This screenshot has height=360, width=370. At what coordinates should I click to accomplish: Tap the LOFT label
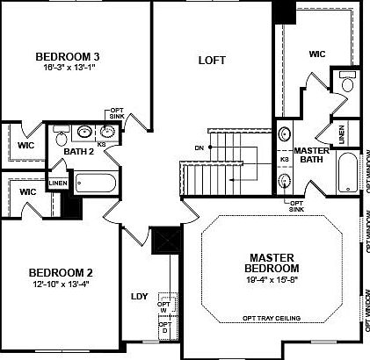(x=212, y=61)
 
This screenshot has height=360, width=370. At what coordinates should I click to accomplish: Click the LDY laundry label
(x=140, y=296)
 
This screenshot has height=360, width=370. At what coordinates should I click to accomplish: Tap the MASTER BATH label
(x=310, y=155)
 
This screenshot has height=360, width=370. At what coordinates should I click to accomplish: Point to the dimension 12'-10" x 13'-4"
(x=60, y=286)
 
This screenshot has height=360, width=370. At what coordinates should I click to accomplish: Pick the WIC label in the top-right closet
(x=316, y=54)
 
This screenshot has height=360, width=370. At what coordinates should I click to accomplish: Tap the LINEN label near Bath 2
(x=58, y=183)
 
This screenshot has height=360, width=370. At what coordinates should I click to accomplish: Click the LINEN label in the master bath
(x=340, y=133)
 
